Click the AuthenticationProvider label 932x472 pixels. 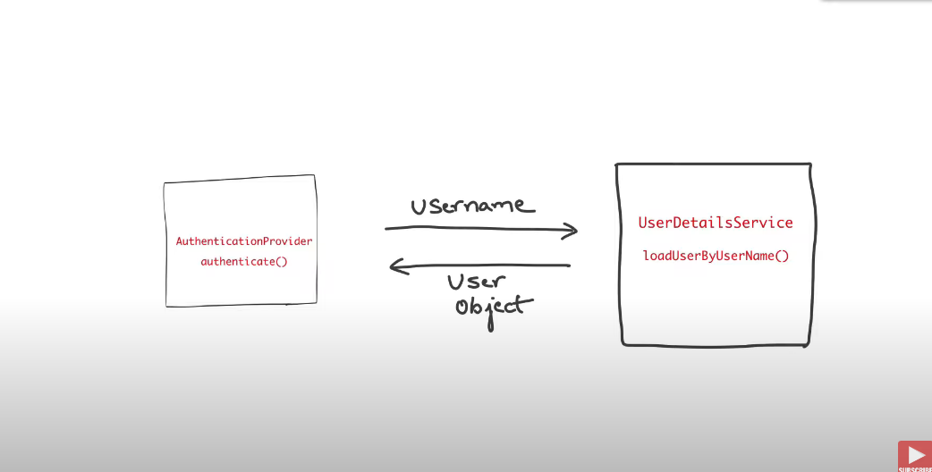244,241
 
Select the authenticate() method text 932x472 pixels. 244,262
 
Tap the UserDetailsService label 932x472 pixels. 716,223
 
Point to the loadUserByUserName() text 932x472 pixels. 716,257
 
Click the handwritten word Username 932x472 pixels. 472,206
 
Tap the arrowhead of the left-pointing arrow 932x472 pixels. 395,265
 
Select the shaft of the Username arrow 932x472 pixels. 474,229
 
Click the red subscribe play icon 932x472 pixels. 915,455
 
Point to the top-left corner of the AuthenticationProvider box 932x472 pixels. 165,183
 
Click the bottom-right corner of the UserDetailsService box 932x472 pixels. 810,343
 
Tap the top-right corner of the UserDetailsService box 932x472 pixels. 809,164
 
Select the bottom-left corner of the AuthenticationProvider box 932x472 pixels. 166,306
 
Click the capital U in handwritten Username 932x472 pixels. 419,206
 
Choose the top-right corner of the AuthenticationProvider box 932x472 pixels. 315,176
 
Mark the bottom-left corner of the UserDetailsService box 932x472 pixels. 623,342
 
